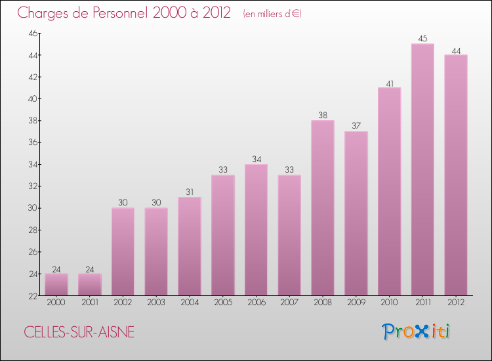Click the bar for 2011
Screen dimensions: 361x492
pyautogui.click(x=422, y=169)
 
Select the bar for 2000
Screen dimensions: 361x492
pyautogui.click(x=56, y=284)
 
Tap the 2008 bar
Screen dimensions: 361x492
pyautogui.click(x=323, y=207)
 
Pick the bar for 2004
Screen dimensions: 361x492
pyautogui.click(x=190, y=246)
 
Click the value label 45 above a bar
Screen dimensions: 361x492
pyautogui.click(x=422, y=39)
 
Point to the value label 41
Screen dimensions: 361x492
pyautogui.click(x=389, y=83)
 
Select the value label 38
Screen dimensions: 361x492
pyautogui.click(x=323, y=116)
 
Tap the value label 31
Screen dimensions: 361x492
pyautogui.click(x=190, y=192)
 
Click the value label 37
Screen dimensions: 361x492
pyautogui.click(x=356, y=127)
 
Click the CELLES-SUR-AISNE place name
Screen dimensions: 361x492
pyautogui.click(x=79, y=332)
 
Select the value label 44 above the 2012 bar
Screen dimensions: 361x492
pyautogui.click(x=455, y=50)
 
